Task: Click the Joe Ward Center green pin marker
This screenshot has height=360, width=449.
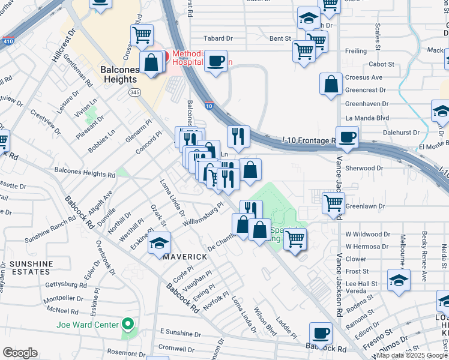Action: pyautogui.click(x=127, y=325)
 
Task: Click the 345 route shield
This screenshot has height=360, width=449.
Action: pyautogui.click(x=134, y=92)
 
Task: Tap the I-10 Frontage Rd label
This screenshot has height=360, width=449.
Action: pyautogui.click(x=308, y=141)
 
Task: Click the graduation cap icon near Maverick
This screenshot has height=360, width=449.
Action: pyautogui.click(x=160, y=242)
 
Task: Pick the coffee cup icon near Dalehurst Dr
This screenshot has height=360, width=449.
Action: pyautogui.click(x=347, y=137)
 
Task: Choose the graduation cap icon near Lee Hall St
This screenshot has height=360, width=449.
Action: pyautogui.click(x=399, y=280)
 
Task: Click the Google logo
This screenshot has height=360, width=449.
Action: pyautogui.click(x=20, y=353)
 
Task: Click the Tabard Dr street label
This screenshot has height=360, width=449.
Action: pyautogui.click(x=218, y=38)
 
